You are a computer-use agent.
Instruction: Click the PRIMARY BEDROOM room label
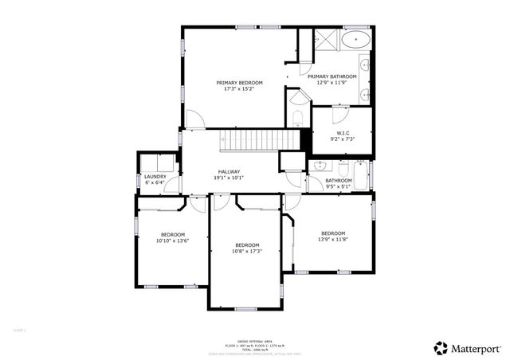pyautogui.click(x=239, y=82)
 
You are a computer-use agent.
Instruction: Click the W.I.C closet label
pyautogui.click(x=343, y=132)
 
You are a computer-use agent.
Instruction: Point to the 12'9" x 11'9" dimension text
pyautogui.click(x=331, y=82)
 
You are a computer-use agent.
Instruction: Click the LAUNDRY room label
pyautogui.click(x=155, y=176)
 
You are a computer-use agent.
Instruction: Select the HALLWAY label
pyautogui.click(x=229, y=171)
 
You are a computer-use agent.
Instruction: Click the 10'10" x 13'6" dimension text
pyautogui.click(x=172, y=241)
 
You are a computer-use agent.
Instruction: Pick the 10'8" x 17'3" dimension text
pyautogui.click(x=247, y=251)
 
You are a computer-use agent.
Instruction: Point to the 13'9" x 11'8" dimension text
pyautogui.click(x=332, y=240)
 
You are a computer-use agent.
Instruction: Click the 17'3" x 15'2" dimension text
pyautogui.click(x=239, y=88)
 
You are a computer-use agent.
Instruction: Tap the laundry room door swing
pyautogui.click(x=174, y=187)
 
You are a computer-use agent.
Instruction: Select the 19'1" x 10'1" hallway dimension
pyautogui.click(x=229, y=178)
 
